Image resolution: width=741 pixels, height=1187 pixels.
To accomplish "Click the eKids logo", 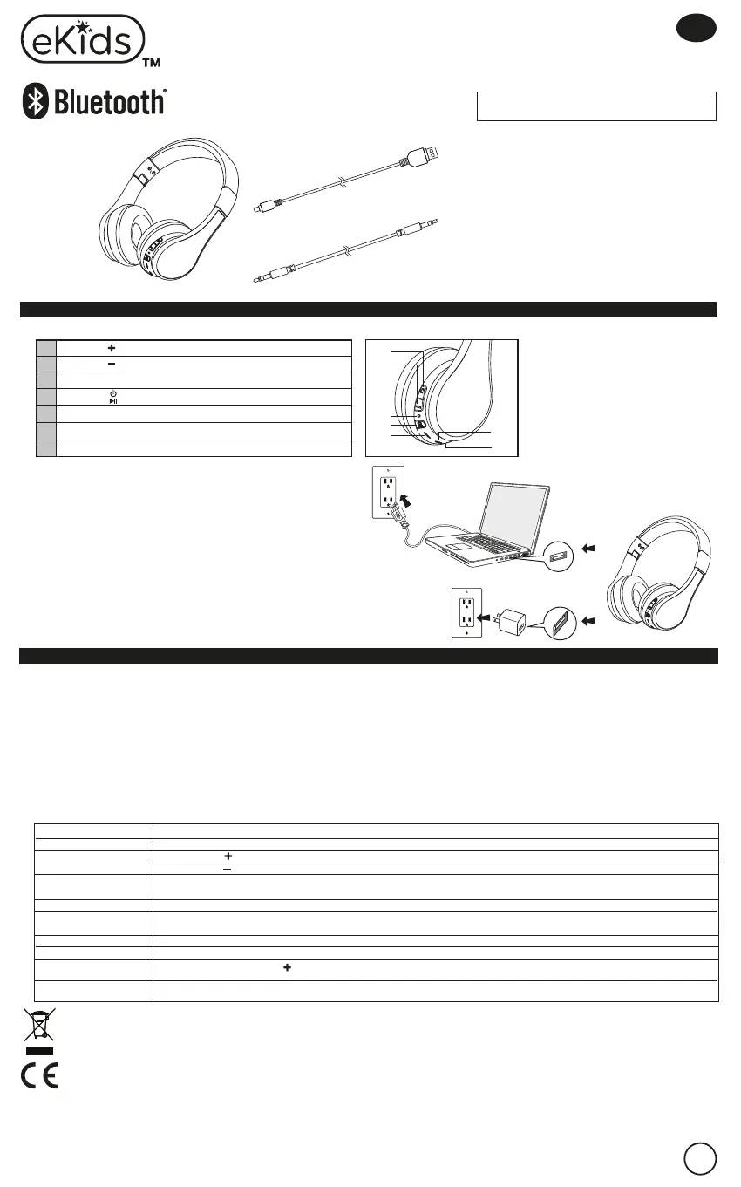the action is [82, 38].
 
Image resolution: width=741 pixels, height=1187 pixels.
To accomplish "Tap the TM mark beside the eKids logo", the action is [152, 64].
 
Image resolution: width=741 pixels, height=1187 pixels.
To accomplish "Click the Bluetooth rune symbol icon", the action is [35, 103].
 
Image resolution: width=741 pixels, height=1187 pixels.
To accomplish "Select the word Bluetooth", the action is [110, 103].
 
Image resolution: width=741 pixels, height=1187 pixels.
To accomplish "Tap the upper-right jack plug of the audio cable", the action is [418, 228].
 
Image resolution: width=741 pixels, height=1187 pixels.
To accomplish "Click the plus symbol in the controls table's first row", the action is [112, 347].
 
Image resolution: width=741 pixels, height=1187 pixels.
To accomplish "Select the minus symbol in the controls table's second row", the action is [112, 364].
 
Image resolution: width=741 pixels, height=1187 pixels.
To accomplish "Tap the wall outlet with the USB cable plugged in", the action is [384, 492].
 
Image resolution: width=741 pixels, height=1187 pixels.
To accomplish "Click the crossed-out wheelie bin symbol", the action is [39, 1026].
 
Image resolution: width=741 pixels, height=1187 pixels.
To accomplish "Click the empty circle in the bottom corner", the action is [700, 1158].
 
